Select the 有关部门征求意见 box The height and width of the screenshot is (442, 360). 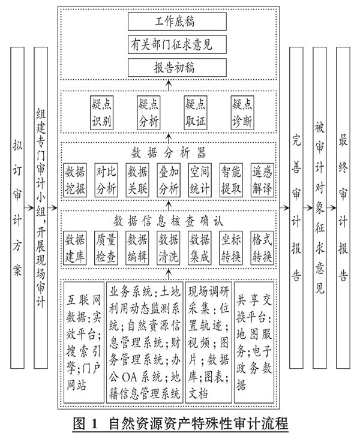169,45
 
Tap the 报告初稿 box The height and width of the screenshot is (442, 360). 169,65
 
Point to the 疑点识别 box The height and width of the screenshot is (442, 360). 101,112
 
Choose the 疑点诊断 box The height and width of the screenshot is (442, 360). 242,112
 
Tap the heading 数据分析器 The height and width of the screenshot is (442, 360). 169,151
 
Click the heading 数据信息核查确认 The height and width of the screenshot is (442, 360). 169,221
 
